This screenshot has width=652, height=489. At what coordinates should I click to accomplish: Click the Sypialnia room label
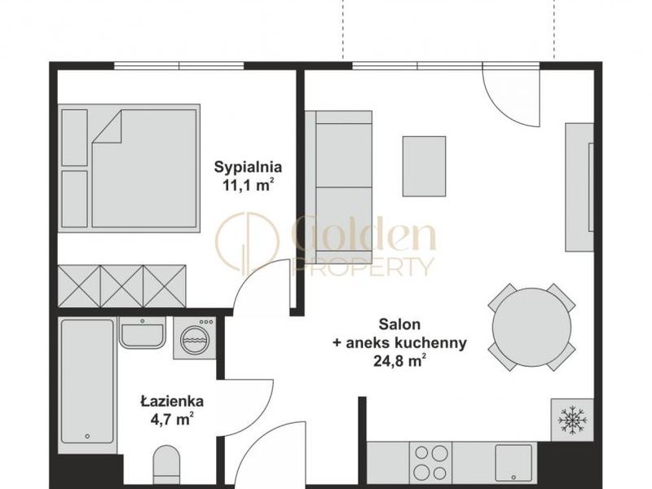(x=248, y=168)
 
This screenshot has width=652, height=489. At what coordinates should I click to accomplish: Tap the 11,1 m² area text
(x=249, y=185)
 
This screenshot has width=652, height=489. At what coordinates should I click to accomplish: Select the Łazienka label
(x=172, y=402)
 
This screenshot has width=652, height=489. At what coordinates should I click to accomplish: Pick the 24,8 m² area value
(x=399, y=360)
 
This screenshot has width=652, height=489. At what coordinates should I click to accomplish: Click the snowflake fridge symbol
(x=572, y=420)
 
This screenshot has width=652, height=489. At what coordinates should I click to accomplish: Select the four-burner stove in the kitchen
(x=430, y=462)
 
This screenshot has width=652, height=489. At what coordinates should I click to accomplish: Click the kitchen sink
(x=514, y=463)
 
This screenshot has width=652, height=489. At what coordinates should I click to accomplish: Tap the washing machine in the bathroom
(x=195, y=338)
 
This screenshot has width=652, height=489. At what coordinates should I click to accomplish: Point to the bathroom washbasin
(x=143, y=333)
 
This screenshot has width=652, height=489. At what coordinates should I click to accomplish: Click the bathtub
(x=87, y=381)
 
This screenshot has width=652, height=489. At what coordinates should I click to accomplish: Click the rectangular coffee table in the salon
(x=424, y=166)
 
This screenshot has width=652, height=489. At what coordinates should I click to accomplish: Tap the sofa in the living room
(x=338, y=187)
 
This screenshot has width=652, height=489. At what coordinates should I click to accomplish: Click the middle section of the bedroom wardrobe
(x=122, y=286)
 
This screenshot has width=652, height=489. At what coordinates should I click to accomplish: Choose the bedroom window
(x=178, y=66)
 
